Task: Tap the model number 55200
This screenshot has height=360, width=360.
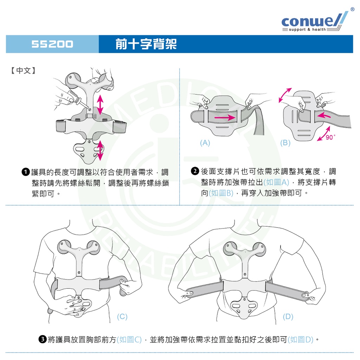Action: pos(52,44)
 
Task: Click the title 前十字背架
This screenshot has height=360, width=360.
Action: pos(146,44)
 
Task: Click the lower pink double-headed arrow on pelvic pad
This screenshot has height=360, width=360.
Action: pos(101,150)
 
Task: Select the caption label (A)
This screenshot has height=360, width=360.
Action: pos(205,143)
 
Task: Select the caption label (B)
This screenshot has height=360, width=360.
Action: pos(285,143)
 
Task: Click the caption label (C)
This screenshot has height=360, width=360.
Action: pos(122,317)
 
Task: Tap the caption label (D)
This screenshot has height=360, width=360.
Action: pos(288,317)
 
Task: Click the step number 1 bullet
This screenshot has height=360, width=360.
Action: pos(25,172)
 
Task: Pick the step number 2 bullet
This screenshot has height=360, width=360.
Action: pos(195,172)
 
